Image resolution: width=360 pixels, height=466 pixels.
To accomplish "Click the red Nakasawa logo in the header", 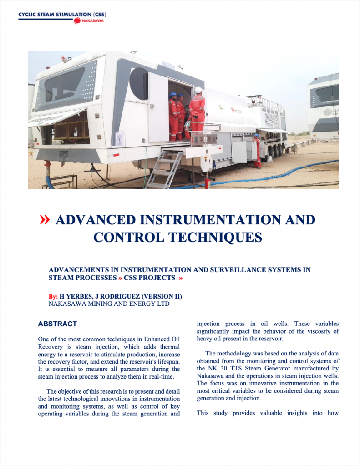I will [x=76, y=20].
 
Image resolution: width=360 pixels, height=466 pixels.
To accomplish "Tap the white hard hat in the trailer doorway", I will [x=198, y=90].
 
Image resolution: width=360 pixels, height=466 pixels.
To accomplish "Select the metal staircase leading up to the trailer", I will [x=163, y=169].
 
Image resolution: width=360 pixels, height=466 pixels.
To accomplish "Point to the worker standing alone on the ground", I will [x=257, y=151].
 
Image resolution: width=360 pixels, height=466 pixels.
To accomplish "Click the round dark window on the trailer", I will [x=138, y=83].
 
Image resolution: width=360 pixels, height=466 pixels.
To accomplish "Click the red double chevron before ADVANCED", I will [x=44, y=220].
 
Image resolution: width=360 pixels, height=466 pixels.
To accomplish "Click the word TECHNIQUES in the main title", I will [x=216, y=237].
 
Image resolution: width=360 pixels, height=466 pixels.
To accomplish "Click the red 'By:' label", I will [x=53, y=296].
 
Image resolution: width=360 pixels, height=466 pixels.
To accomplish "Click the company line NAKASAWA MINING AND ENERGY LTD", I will [x=109, y=304].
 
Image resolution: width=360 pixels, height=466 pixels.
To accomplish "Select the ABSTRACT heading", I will [x=57, y=324].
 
